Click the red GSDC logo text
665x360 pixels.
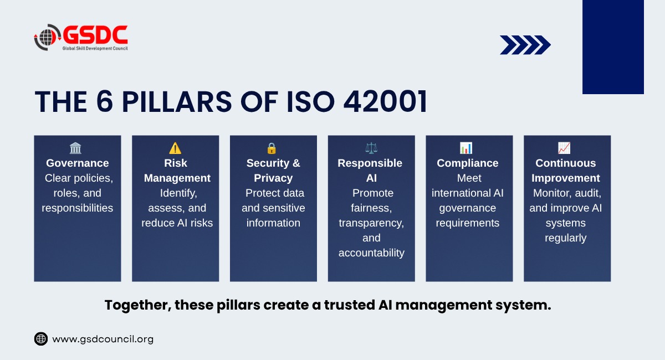[95, 35]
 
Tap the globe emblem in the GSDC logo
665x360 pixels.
[48, 38]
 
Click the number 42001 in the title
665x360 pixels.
[385, 102]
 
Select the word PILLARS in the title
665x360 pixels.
[177, 102]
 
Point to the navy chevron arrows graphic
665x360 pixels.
[525, 45]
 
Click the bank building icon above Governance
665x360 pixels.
[75, 148]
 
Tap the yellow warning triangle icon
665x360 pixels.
[175, 148]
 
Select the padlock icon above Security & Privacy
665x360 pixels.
[272, 148]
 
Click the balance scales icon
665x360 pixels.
[371, 148]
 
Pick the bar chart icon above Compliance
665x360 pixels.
[466, 148]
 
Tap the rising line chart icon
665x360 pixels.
[564, 148]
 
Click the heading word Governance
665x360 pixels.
[78, 163]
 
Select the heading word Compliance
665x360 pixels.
[468, 163]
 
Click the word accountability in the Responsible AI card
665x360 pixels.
[371, 253]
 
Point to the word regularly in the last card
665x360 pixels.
[566, 238]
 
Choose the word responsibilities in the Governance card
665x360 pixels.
[78, 208]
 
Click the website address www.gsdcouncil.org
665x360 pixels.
[103, 339]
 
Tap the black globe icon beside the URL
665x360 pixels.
[41, 338]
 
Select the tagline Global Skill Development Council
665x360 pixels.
[95, 48]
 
